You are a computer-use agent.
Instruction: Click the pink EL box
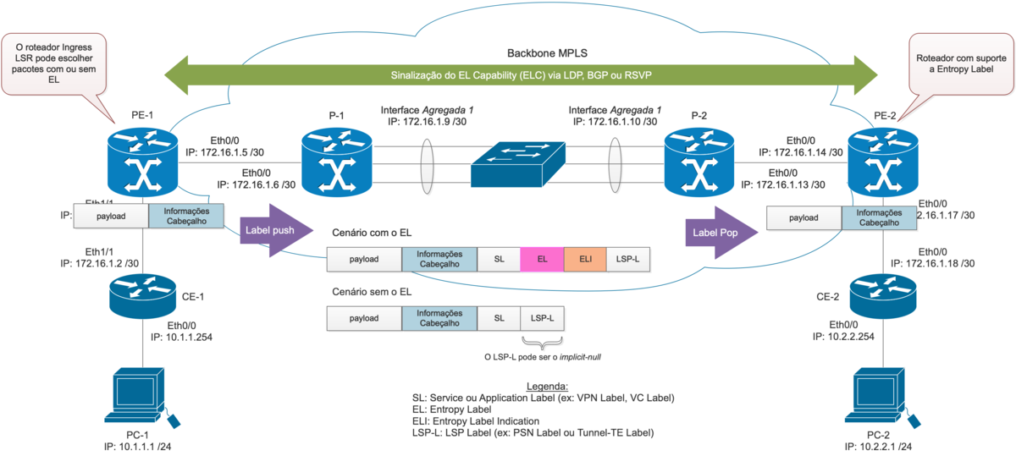click(x=542, y=260)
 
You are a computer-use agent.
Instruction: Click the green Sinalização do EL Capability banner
click(x=524, y=74)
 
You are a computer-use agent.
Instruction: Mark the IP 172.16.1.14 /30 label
click(x=800, y=152)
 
